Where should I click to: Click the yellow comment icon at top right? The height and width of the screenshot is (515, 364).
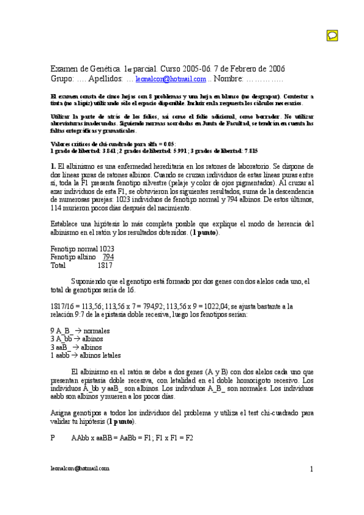pyautogui.click(x=332, y=35)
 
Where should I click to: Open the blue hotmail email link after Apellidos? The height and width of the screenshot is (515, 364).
pyautogui.click(x=171, y=79)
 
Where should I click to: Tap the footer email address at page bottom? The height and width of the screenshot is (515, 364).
pyautogui.click(x=79, y=468)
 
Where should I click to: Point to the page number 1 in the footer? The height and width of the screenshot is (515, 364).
pyautogui.click(x=311, y=469)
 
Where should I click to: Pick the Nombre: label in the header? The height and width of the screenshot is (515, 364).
pyautogui.click(x=229, y=79)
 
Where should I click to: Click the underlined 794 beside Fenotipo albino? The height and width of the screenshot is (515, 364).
pyautogui.click(x=108, y=257)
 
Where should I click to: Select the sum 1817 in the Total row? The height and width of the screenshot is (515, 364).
pyautogui.click(x=105, y=265)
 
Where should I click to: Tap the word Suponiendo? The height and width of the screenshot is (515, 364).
pyautogui.click(x=91, y=281)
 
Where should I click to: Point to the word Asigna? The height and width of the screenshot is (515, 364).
pyautogui.click(x=61, y=413)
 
